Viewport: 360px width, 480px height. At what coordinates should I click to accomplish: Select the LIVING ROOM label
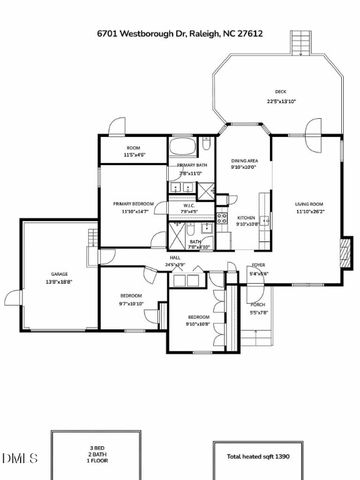tap(309, 203)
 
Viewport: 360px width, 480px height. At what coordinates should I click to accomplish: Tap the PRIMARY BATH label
tap(188, 164)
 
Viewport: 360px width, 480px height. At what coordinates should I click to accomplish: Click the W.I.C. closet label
tap(189, 207)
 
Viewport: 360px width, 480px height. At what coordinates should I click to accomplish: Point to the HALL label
tap(174, 258)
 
